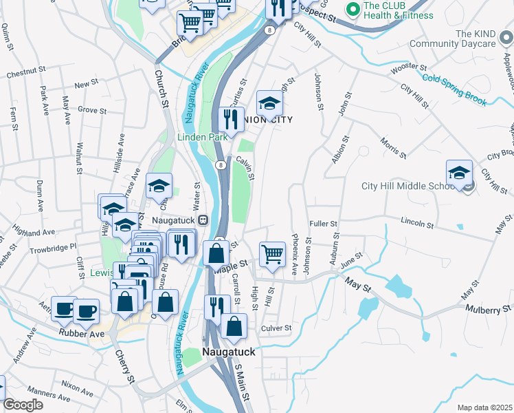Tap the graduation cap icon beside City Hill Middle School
click(x=459, y=173)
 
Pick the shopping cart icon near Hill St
click(x=273, y=254)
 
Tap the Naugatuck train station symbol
click(x=203, y=220)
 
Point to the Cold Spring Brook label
click(x=454, y=91)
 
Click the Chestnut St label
click(x=25, y=71)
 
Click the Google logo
click(x=23, y=405)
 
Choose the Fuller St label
click(x=323, y=224)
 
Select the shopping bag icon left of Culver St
click(x=234, y=327)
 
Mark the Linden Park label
click(x=203, y=137)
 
